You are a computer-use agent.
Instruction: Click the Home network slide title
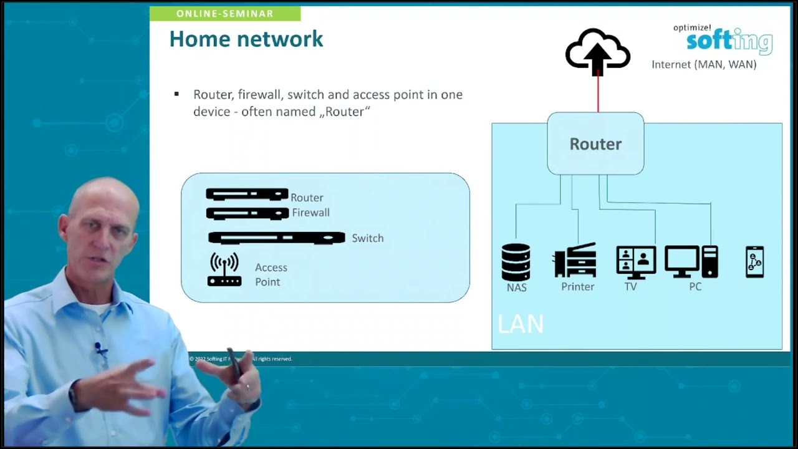[246, 39]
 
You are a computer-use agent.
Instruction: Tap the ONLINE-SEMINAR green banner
[225, 14]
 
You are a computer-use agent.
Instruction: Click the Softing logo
[729, 40]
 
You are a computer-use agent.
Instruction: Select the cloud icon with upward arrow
[597, 51]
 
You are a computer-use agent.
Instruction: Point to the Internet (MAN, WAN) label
[704, 64]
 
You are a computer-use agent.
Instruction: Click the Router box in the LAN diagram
[595, 144]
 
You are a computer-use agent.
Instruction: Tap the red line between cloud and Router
[598, 94]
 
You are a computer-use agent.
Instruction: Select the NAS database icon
[516, 262]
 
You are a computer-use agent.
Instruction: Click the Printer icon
[575, 261]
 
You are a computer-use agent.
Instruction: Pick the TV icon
[636, 261]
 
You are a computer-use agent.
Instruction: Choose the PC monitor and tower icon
[691, 261]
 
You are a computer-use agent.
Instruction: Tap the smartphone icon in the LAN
[754, 262]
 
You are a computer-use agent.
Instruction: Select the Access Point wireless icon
[224, 270]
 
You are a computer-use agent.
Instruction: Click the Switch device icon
[276, 238]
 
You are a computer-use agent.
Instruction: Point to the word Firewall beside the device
[310, 213]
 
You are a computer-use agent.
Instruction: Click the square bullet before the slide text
[176, 94]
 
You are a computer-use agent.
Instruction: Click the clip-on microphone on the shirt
[100, 349]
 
